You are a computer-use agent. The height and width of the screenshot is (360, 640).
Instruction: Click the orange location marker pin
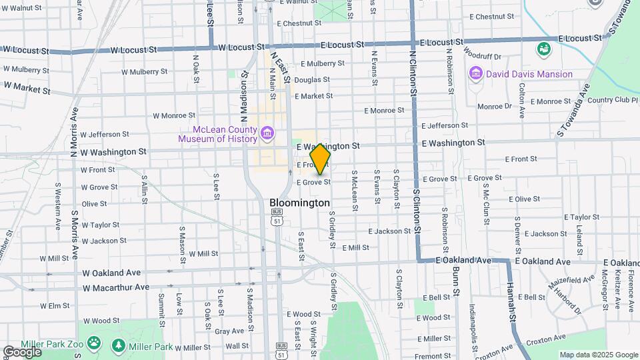click(x=320, y=159)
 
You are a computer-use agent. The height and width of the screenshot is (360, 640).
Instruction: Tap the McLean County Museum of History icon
click(x=267, y=134)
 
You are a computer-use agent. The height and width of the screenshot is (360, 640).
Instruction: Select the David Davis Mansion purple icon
click(x=476, y=73)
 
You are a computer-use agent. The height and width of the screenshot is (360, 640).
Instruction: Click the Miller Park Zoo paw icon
click(x=94, y=345)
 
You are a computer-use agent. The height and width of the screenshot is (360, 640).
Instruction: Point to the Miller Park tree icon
click(x=119, y=345)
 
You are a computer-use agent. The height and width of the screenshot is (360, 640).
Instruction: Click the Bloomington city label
click(x=299, y=202)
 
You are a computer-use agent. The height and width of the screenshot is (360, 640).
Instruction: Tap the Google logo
click(x=22, y=351)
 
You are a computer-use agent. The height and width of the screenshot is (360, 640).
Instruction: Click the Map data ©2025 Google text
click(x=598, y=355)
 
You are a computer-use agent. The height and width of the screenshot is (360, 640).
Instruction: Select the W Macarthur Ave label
click(x=116, y=287)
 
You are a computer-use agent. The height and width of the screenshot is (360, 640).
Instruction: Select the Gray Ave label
click(x=229, y=331)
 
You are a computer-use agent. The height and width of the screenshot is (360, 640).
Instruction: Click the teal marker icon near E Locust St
click(x=544, y=49)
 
